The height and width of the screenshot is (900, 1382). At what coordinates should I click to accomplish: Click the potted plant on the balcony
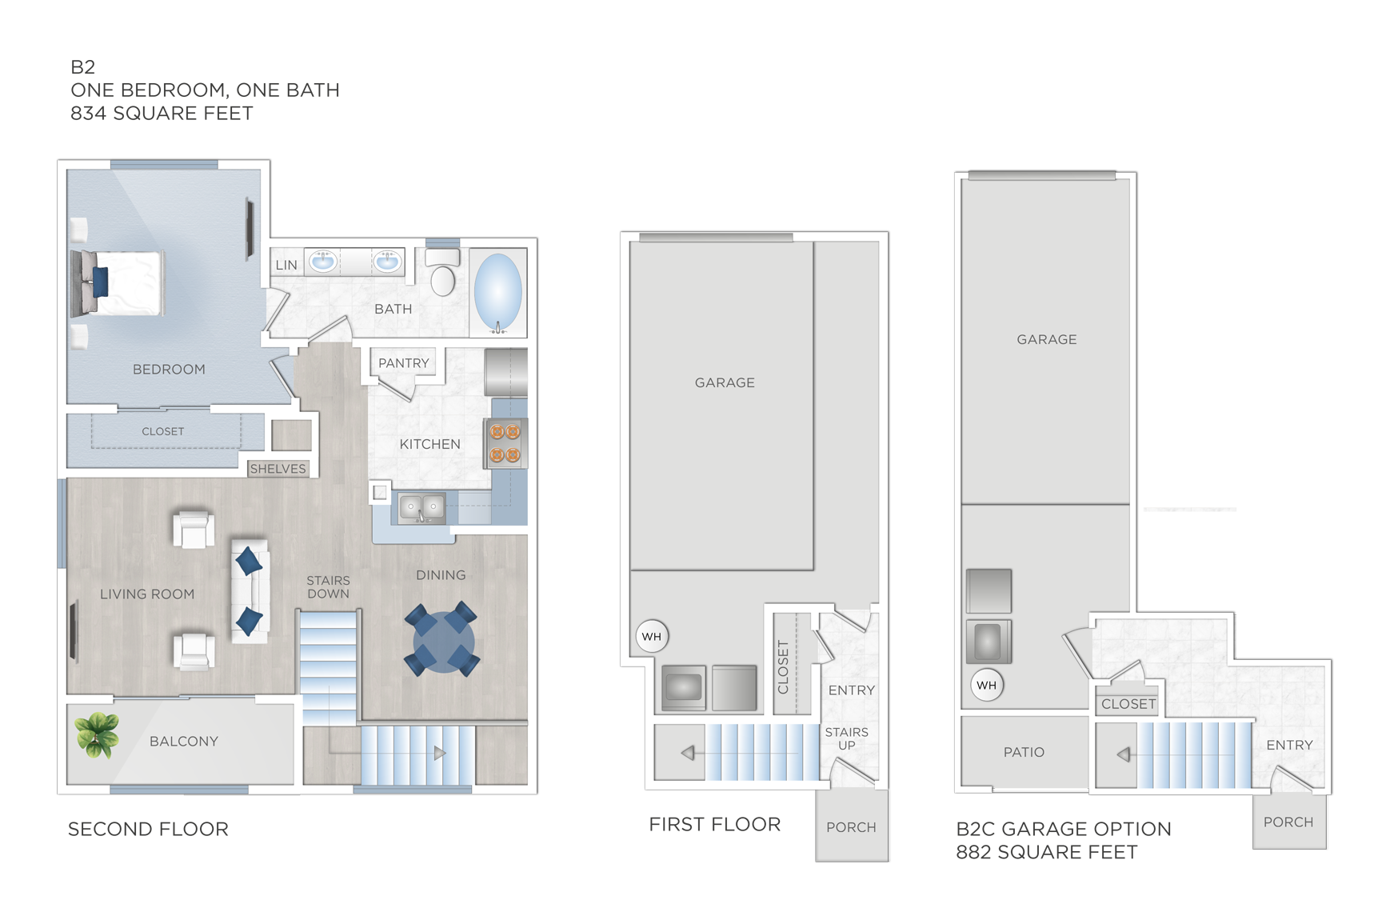pyautogui.click(x=97, y=734)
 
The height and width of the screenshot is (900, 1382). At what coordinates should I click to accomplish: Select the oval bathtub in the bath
pyautogui.click(x=497, y=293)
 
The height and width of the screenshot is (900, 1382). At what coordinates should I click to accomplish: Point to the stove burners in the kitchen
pyautogui.click(x=505, y=444)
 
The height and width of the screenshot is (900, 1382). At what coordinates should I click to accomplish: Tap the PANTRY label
pyautogui.click(x=403, y=363)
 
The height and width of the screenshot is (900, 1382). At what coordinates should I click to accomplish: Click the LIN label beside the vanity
pyautogui.click(x=286, y=265)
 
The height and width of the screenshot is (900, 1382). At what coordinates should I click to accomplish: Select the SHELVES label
pyautogui.click(x=278, y=469)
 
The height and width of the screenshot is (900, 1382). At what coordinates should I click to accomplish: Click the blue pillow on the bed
pyautogui.click(x=101, y=282)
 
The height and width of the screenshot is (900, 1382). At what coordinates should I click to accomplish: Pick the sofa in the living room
pyautogui.click(x=250, y=591)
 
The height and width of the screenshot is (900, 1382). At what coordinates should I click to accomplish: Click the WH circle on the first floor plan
pyautogui.click(x=652, y=637)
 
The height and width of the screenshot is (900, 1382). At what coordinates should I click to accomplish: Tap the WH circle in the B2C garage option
pyautogui.click(x=986, y=686)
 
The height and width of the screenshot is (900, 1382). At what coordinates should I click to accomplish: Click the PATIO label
pyautogui.click(x=1024, y=752)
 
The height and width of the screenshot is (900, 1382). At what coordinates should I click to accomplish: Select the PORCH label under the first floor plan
pyautogui.click(x=851, y=827)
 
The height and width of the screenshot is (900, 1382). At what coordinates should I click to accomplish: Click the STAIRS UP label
pyautogui.click(x=846, y=738)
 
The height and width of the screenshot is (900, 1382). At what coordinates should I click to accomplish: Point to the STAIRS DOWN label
pyautogui.click(x=328, y=587)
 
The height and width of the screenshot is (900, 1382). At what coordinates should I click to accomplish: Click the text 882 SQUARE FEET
pyautogui.click(x=1046, y=853)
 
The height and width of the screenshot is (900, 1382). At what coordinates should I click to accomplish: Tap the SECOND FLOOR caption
pyautogui.click(x=148, y=829)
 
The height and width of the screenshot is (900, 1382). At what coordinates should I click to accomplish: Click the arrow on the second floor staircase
pyautogui.click(x=439, y=753)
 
